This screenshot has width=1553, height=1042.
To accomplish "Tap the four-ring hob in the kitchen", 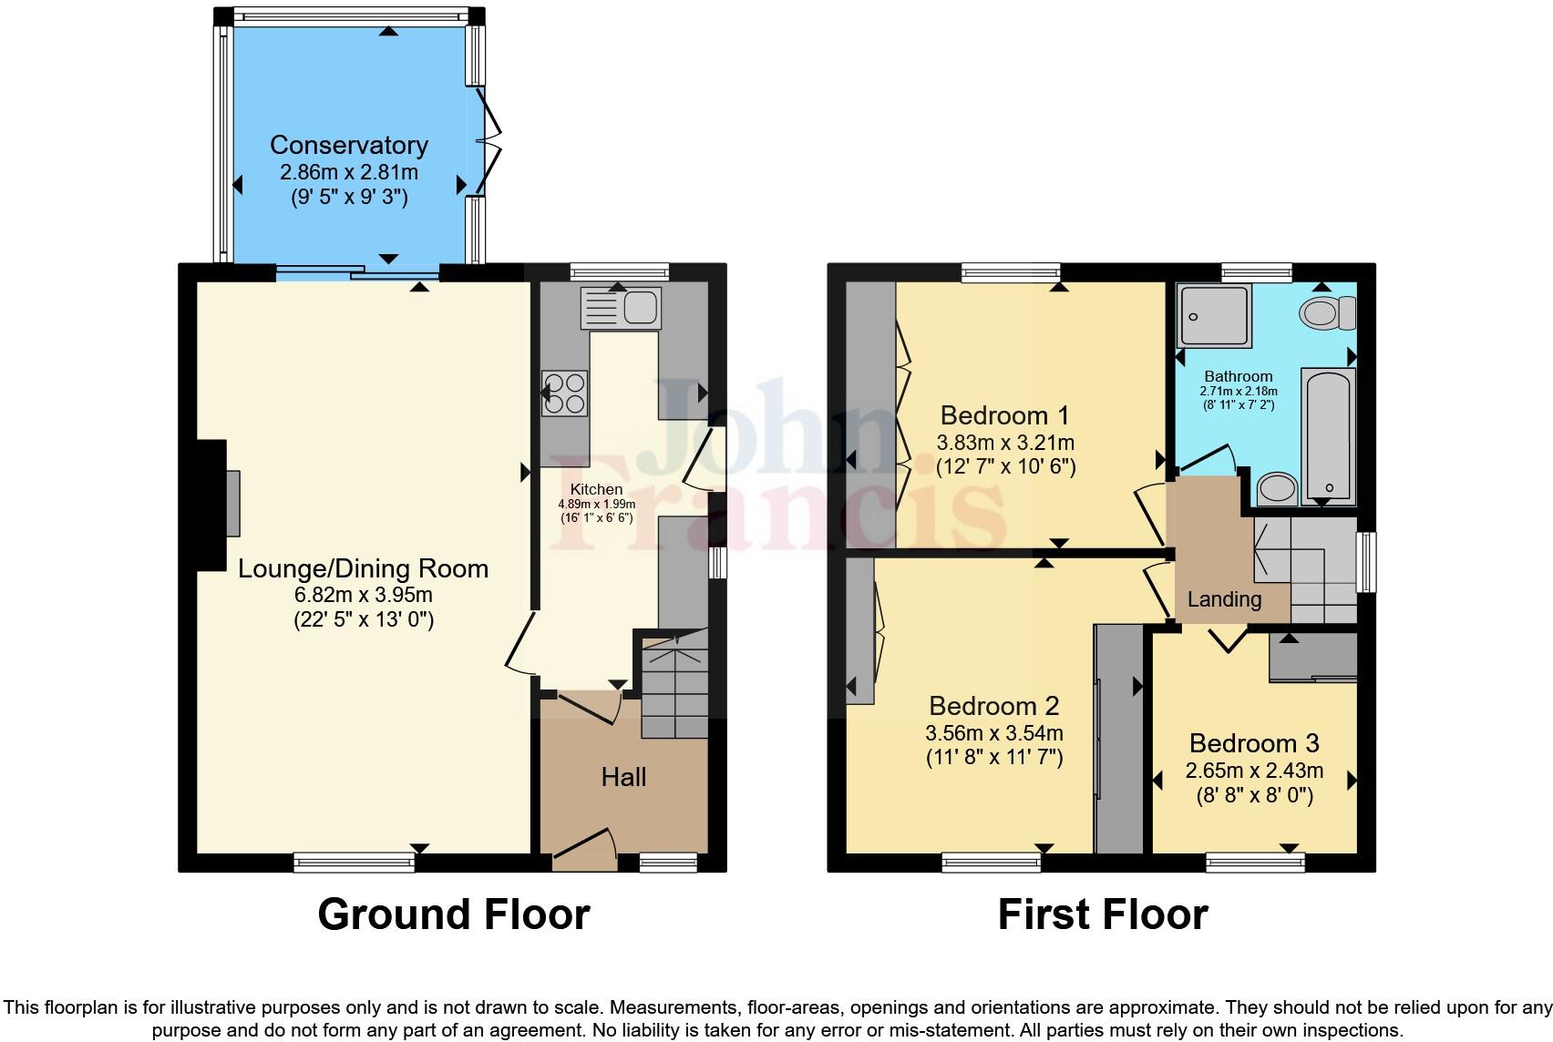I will click(564, 393).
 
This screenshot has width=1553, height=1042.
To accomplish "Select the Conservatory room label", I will click(349, 145).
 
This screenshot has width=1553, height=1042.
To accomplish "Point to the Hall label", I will click(623, 777).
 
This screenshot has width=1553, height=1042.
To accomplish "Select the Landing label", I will click(1224, 599).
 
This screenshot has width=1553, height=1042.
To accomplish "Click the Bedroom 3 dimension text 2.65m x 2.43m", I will click(1254, 771).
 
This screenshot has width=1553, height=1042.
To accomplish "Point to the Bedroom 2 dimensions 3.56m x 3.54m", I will click(993, 732).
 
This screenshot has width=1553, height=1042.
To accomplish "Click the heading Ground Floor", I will click(454, 914).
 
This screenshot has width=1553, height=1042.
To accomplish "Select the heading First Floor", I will click(1102, 914).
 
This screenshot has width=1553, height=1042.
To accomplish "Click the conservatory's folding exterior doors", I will click(491, 141).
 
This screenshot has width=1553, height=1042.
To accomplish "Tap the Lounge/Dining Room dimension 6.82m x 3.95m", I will click(363, 595).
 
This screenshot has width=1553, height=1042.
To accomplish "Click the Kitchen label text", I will click(596, 489).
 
